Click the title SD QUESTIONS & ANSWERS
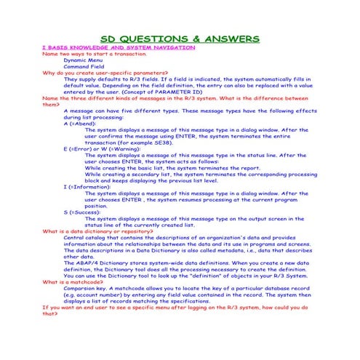click(180, 37)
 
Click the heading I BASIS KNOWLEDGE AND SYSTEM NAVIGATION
click(119, 47)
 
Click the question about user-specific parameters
click(105, 73)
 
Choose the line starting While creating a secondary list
click(189, 174)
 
